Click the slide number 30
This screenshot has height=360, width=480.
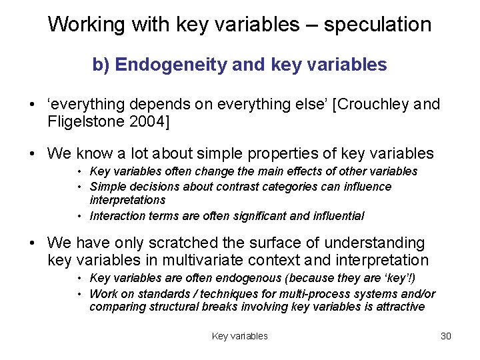[446, 336]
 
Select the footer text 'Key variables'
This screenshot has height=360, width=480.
[239, 336]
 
